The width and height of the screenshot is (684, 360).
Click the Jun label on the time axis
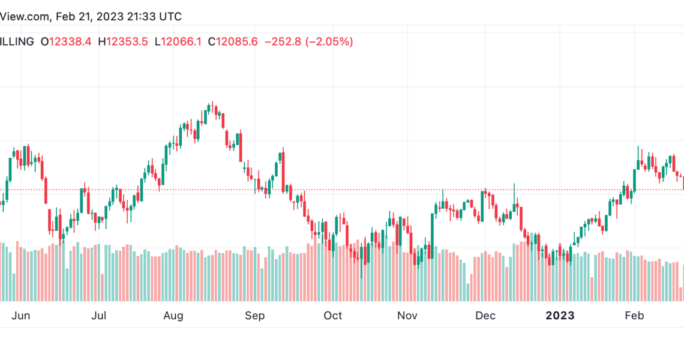click(x=20, y=316)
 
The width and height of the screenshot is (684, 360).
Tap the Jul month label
click(x=98, y=316)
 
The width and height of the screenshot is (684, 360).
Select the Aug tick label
click(x=173, y=316)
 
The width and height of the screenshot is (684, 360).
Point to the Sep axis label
click(x=254, y=316)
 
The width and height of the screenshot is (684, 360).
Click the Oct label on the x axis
click(x=333, y=316)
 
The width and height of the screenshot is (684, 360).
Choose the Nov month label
click(x=407, y=316)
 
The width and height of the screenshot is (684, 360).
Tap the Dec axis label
click(x=485, y=316)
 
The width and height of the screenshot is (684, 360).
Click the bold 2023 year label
click(x=560, y=316)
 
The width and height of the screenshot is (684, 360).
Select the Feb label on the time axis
click(x=634, y=316)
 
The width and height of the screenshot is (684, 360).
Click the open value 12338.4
click(x=70, y=42)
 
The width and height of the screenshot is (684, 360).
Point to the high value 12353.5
click(x=127, y=42)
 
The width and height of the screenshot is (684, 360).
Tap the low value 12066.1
click(x=181, y=42)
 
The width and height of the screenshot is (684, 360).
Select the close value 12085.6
click(x=237, y=42)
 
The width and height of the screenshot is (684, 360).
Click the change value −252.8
click(x=283, y=42)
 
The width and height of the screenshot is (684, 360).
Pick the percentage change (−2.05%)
click(x=329, y=42)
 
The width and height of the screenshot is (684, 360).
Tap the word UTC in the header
click(x=170, y=17)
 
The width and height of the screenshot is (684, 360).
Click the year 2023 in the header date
click(x=110, y=17)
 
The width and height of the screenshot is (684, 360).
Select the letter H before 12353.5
click(x=102, y=42)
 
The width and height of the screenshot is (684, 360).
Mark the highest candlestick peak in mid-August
click(x=212, y=102)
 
